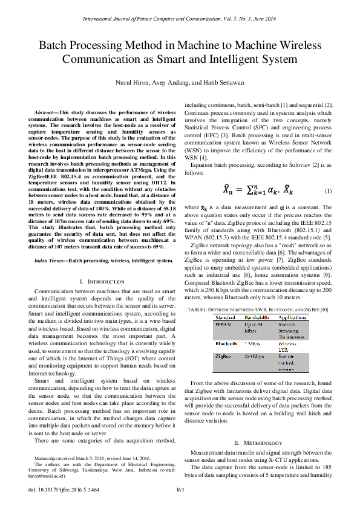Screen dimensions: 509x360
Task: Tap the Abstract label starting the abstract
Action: point(45,113)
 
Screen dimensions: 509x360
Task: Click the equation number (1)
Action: point(327,191)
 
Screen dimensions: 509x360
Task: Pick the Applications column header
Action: point(292,317)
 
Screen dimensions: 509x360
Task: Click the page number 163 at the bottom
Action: point(180,490)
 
